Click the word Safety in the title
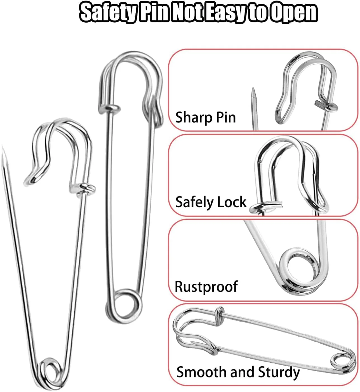point(108,13)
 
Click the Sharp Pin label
point(206,117)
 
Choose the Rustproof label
point(206,287)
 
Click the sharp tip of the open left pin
point(3,147)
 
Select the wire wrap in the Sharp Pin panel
point(327,106)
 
